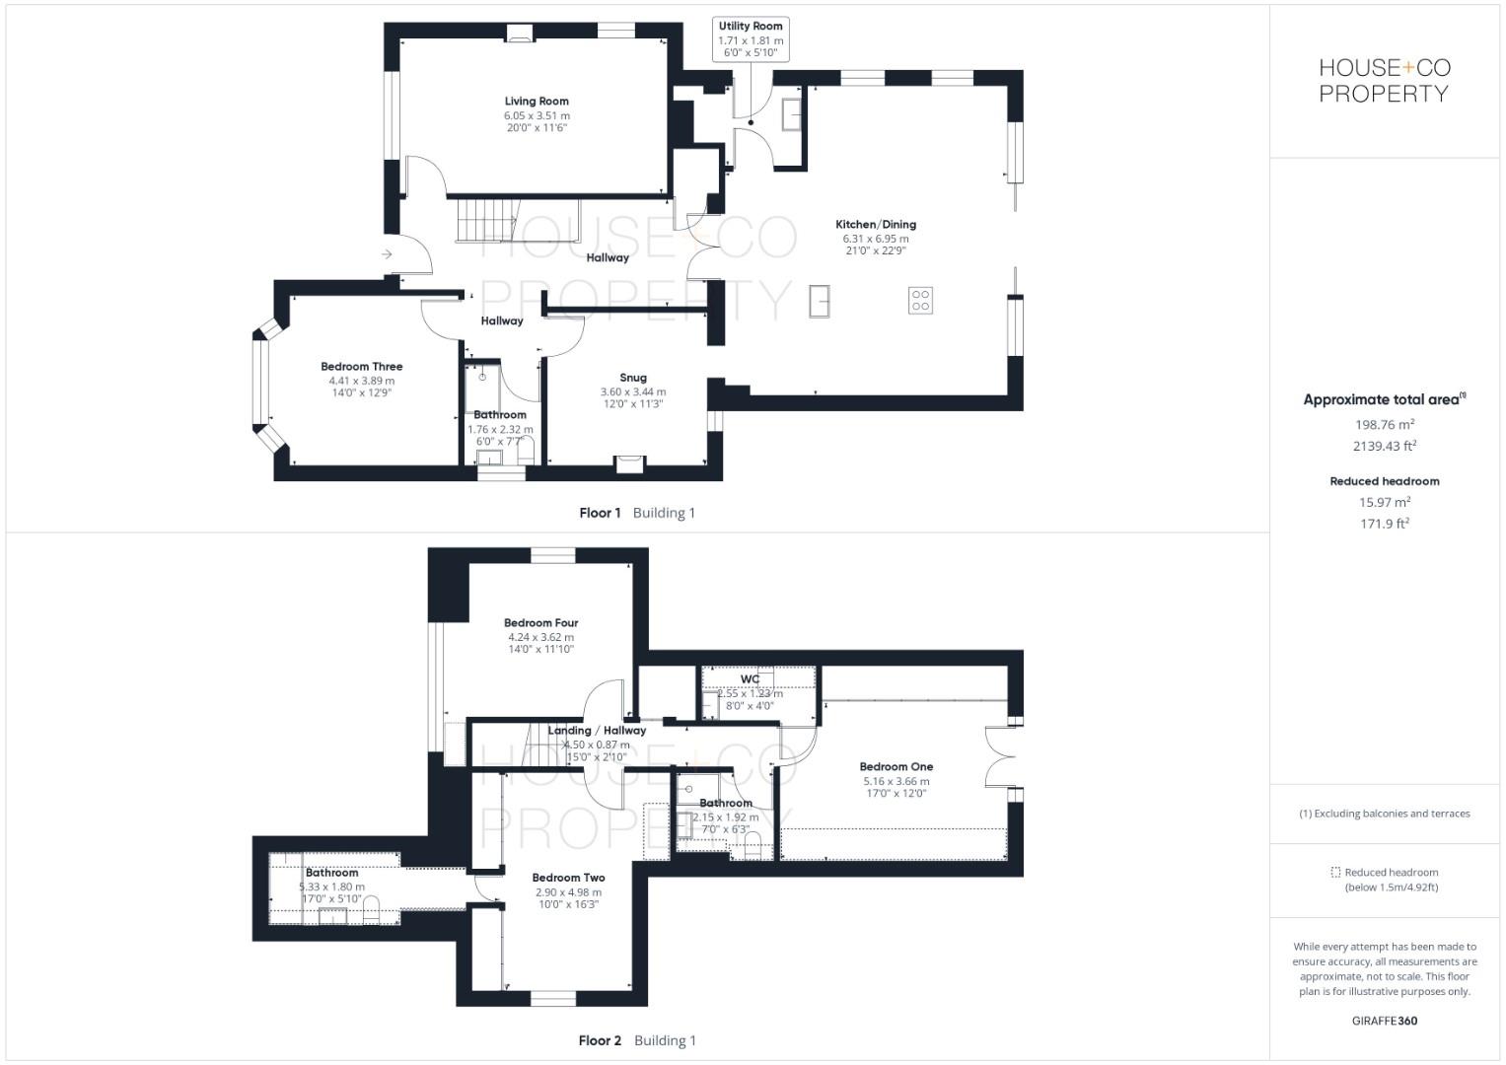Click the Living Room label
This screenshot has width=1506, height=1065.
[x=537, y=102]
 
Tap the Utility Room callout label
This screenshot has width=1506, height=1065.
[x=751, y=27]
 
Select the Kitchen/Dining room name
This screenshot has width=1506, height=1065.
[x=876, y=225]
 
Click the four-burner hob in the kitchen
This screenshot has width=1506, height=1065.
[x=920, y=301]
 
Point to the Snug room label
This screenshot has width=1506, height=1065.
[x=633, y=378]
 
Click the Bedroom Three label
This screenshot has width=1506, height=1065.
[x=362, y=367]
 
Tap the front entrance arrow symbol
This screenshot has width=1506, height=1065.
[x=387, y=255]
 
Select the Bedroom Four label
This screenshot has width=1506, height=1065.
[x=540, y=623]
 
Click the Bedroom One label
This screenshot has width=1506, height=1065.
[x=896, y=767]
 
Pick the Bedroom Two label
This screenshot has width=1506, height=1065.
[x=568, y=878]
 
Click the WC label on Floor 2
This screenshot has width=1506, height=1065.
[x=750, y=679]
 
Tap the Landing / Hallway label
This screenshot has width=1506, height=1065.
[x=597, y=731]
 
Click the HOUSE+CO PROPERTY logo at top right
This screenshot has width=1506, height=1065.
[x=1384, y=81]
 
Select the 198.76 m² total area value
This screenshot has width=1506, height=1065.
[x=1385, y=425]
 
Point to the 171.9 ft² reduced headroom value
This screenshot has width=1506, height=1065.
[x=1385, y=524]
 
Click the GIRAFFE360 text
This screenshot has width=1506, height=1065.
[x=1385, y=1021]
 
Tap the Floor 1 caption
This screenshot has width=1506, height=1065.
[x=600, y=513]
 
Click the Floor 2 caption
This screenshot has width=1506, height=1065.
[x=600, y=1040]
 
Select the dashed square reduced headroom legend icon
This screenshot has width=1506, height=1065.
[x=1335, y=872]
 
